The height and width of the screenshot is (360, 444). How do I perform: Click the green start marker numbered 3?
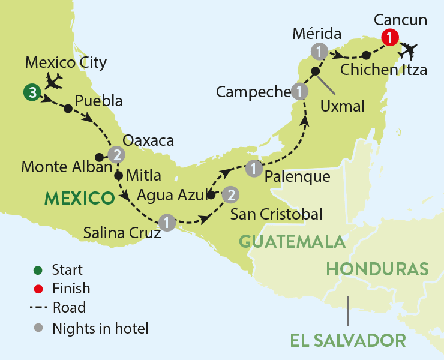(x=31, y=92)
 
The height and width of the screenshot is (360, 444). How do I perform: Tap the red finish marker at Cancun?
(x=391, y=37)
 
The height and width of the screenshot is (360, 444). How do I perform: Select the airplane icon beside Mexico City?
(x=53, y=80)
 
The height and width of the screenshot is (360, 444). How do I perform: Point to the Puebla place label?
(x=99, y=101)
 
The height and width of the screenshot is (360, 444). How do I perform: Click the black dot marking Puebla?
(x=68, y=109)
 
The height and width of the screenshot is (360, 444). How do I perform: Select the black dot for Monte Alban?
(x=99, y=157)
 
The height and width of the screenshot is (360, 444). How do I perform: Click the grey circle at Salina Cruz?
(x=169, y=221)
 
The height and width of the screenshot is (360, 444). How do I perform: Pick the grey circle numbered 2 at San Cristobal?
(x=230, y=194)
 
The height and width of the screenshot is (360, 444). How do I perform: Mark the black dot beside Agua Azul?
(x=211, y=195)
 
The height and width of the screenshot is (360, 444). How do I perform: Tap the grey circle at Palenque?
(x=255, y=169)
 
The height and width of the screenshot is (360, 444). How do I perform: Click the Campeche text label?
(x=253, y=92)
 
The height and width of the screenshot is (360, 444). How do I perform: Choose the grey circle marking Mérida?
(x=319, y=50)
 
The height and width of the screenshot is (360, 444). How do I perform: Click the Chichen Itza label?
(x=383, y=70)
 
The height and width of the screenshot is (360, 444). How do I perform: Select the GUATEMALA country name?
(x=292, y=241)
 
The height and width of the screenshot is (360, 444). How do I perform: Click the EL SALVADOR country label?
(x=348, y=340)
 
